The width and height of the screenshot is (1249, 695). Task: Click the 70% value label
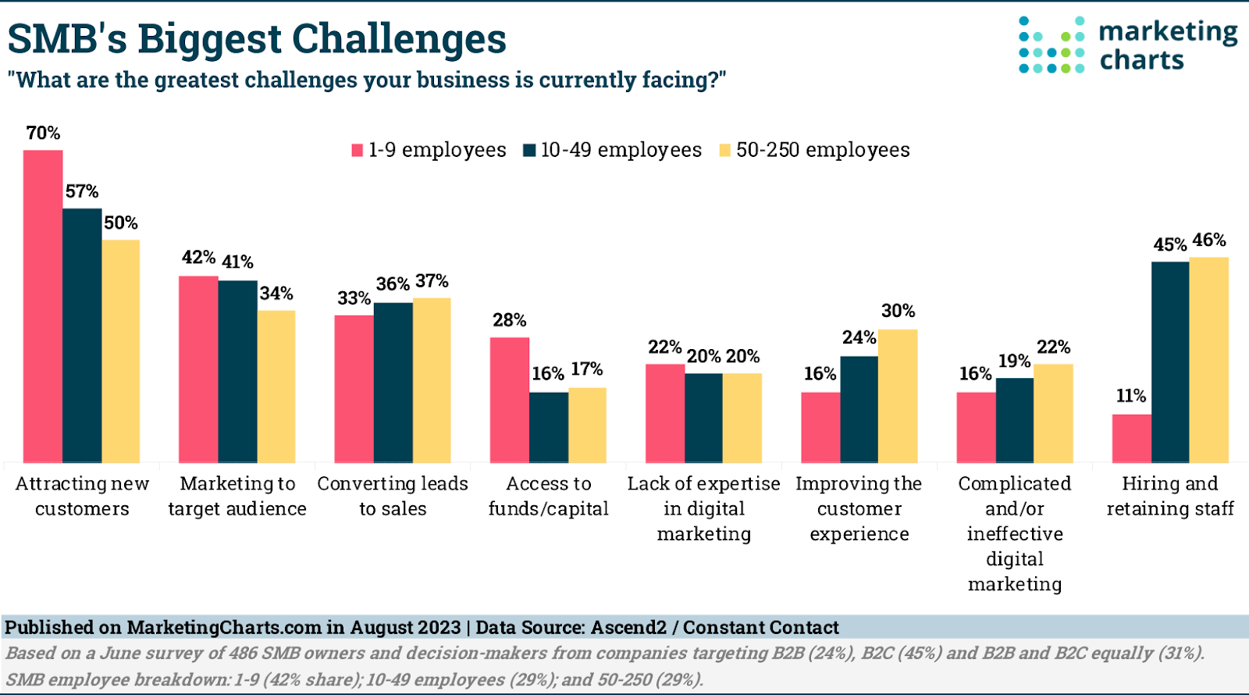43,133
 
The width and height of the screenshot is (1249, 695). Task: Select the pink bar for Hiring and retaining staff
1131,439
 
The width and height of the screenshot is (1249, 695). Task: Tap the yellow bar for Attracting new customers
121,351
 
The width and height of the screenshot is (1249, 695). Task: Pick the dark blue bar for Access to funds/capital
549,428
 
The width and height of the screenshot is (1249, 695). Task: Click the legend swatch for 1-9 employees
358,150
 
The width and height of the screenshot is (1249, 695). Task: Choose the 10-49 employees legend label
621,150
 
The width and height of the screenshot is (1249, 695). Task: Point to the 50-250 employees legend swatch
725,150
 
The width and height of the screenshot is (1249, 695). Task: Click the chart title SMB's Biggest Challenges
258,38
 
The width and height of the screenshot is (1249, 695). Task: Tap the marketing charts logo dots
1051,45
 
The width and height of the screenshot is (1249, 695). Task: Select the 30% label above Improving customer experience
898,311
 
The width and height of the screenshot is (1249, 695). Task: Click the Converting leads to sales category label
393,496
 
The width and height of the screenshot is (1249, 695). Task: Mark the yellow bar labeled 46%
1208,360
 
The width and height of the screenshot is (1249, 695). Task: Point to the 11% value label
1130,396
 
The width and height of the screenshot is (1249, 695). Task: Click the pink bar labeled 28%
510,400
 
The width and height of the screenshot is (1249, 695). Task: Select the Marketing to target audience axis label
237,496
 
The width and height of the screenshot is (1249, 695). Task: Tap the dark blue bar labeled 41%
237,372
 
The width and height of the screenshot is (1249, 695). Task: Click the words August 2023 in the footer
405,628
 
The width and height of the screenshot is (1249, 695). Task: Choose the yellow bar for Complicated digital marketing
1053,414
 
